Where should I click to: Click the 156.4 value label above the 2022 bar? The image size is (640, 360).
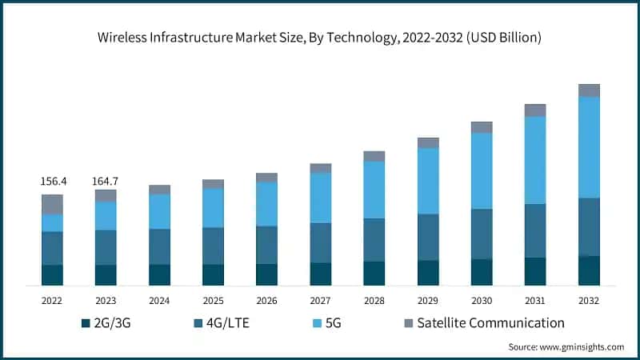pyautogui.click(x=53, y=182)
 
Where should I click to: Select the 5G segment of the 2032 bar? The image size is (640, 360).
pyautogui.click(x=589, y=147)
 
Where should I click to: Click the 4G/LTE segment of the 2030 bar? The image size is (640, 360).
pyautogui.click(x=482, y=234)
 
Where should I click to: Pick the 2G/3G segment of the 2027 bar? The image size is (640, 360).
pyautogui.click(x=321, y=274)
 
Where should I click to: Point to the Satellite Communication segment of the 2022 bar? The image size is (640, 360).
pyautogui.click(x=53, y=204)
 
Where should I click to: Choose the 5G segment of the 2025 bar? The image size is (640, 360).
pyautogui.click(x=213, y=208)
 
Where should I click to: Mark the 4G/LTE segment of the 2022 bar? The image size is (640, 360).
pyautogui.click(x=53, y=248)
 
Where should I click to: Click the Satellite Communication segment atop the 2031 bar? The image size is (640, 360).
pyautogui.click(x=535, y=110)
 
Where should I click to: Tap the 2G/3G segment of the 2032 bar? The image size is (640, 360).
pyautogui.click(x=589, y=270)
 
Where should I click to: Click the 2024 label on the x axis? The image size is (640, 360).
pyautogui.click(x=159, y=300)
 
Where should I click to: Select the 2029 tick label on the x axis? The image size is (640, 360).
pyautogui.click(x=428, y=300)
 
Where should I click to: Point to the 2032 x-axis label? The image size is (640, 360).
pyautogui.click(x=589, y=300)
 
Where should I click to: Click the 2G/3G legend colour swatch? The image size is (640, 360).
pyautogui.click(x=86, y=323)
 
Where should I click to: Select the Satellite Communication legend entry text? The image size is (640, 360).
pyautogui.click(x=490, y=323)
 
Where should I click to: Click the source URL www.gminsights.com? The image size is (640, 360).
pyautogui.click(x=582, y=346)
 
